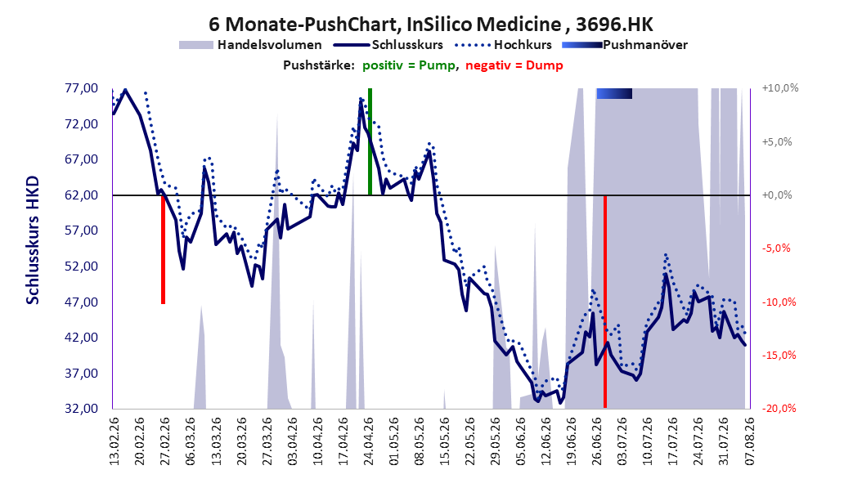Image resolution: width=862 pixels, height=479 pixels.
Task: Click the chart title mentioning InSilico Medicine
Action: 431,25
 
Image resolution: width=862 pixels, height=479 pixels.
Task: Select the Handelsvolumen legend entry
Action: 251,45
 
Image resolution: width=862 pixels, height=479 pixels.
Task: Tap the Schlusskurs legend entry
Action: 388,45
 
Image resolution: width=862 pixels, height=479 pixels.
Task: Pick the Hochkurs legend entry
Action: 504,45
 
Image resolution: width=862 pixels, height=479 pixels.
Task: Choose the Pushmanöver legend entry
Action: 625,45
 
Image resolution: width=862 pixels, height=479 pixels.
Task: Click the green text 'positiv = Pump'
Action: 409,65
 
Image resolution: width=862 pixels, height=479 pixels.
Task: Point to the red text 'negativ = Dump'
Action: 514,65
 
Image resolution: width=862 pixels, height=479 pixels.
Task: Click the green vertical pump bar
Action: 370,141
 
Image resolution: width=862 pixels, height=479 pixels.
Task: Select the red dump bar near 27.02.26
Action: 164,249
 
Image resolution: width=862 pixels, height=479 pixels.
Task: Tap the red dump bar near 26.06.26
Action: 605,302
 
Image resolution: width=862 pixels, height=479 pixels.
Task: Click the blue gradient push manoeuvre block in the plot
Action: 614,93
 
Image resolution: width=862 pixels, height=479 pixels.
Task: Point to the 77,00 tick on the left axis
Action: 81,88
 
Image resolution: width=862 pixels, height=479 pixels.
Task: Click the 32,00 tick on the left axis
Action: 81,409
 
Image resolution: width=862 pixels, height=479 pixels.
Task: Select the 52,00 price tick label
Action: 81,266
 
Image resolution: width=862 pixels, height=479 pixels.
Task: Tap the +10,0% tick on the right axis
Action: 779,88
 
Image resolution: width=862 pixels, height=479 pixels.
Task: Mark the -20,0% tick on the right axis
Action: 779,408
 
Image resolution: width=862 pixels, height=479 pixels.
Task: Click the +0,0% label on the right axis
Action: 777,195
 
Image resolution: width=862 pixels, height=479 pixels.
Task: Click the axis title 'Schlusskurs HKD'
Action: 33,240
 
